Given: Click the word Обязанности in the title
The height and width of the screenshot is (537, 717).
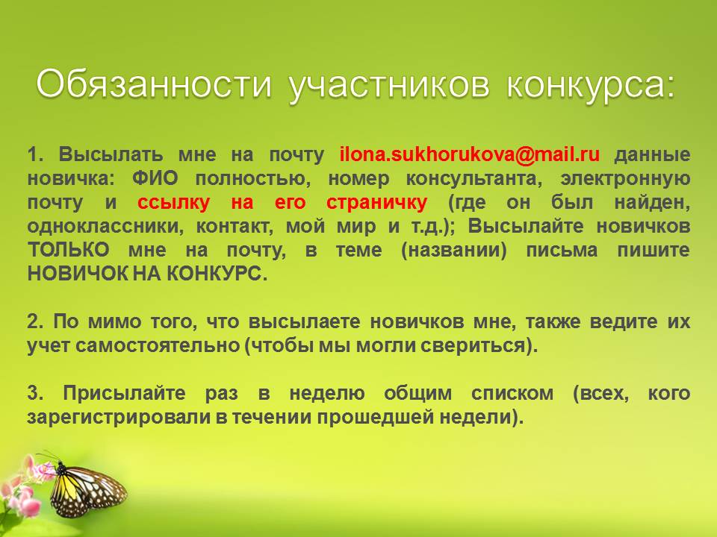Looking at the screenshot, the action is tap(154, 84).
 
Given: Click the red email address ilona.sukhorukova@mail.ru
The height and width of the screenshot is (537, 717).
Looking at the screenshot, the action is tap(470, 154).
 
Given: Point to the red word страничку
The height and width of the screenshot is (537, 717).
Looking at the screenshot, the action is tap(376, 202).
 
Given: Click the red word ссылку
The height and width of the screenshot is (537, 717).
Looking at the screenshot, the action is tap(173, 202).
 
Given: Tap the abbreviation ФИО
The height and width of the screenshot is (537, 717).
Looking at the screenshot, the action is tap(155, 178).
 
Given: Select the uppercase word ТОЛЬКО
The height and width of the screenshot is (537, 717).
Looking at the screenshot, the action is tap(69, 250).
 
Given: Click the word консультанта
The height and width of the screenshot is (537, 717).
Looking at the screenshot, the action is tap(474, 178).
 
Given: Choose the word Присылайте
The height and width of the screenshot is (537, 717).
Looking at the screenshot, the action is tap(124, 393).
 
